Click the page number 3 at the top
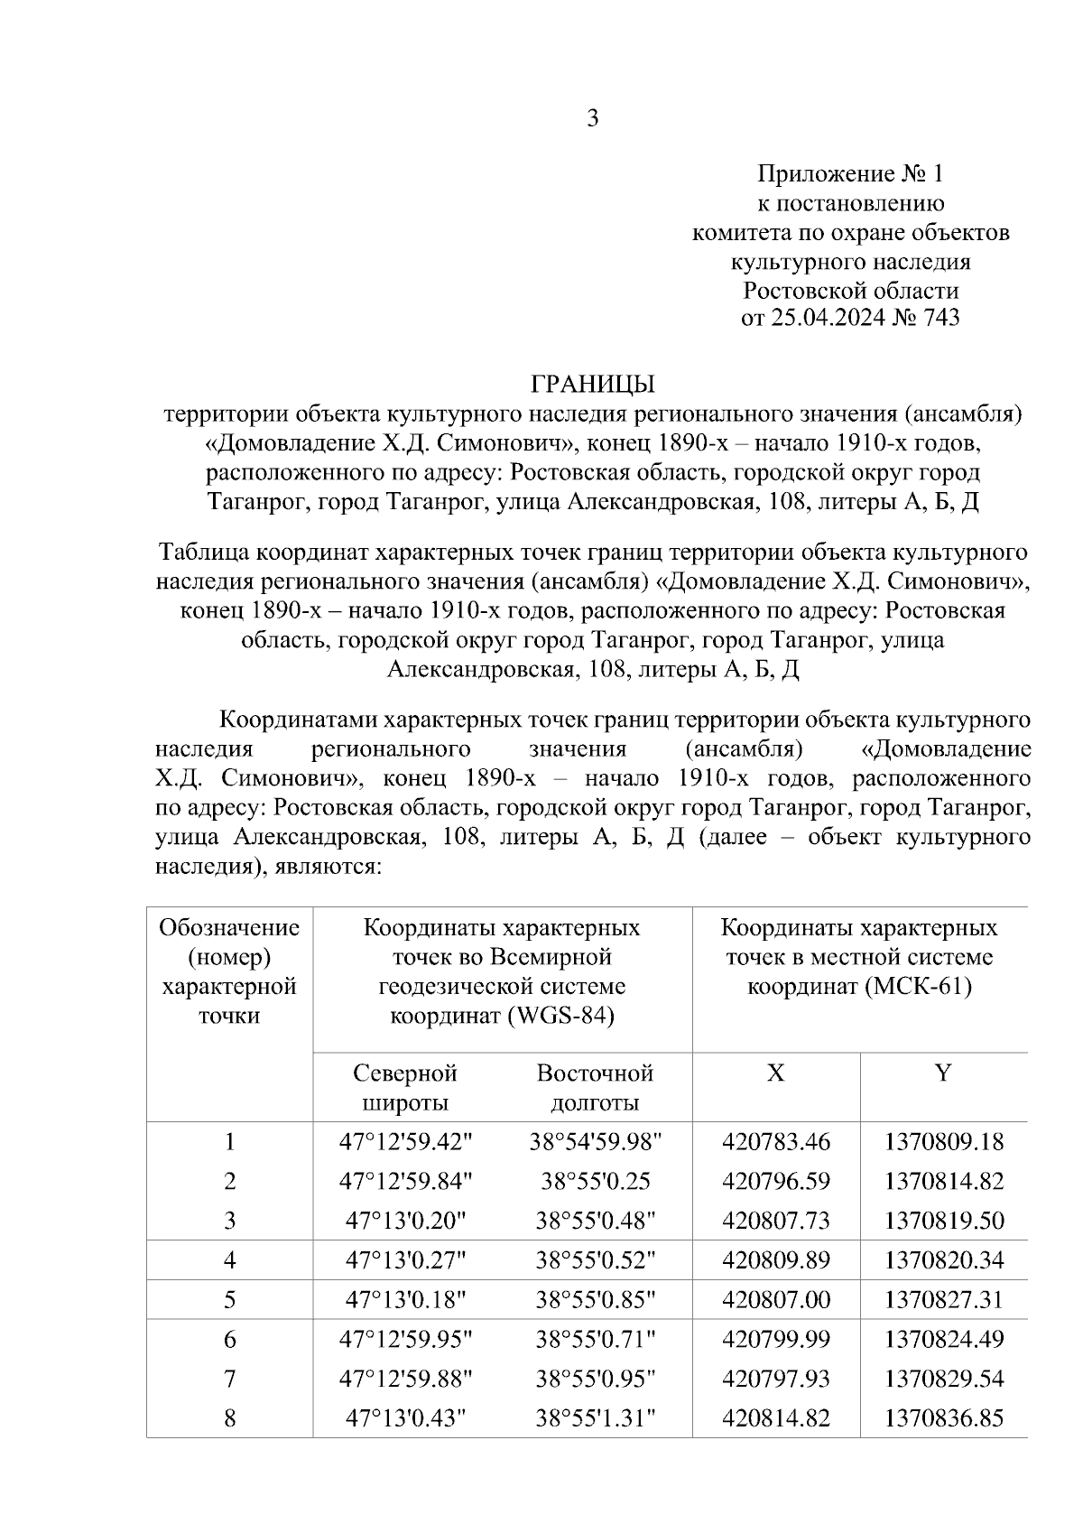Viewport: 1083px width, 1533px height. [592, 118]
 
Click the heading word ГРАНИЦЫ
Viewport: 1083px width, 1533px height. [592, 385]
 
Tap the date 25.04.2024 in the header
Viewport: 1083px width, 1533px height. [825, 318]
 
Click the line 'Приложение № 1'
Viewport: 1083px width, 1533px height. [849, 173]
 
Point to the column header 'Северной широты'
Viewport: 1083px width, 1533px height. [405, 1087]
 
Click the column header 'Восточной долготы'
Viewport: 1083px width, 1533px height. [594, 1087]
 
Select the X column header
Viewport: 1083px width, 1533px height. [775, 1073]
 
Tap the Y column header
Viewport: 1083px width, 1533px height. [942, 1073]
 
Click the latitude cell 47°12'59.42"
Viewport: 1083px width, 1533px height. [405, 1142]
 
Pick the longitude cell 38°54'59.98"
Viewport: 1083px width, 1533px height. [595, 1142]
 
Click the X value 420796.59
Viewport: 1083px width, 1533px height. [775, 1182]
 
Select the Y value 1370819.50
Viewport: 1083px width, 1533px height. [944, 1221]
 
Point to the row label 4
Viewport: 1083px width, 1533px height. [230, 1260]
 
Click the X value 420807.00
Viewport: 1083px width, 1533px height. [775, 1300]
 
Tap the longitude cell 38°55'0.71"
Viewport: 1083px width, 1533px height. [595, 1339]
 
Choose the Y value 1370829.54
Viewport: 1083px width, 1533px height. [944, 1379]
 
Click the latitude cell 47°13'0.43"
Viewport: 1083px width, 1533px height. [405, 1418]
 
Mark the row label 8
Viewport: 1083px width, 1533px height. [230, 1418]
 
